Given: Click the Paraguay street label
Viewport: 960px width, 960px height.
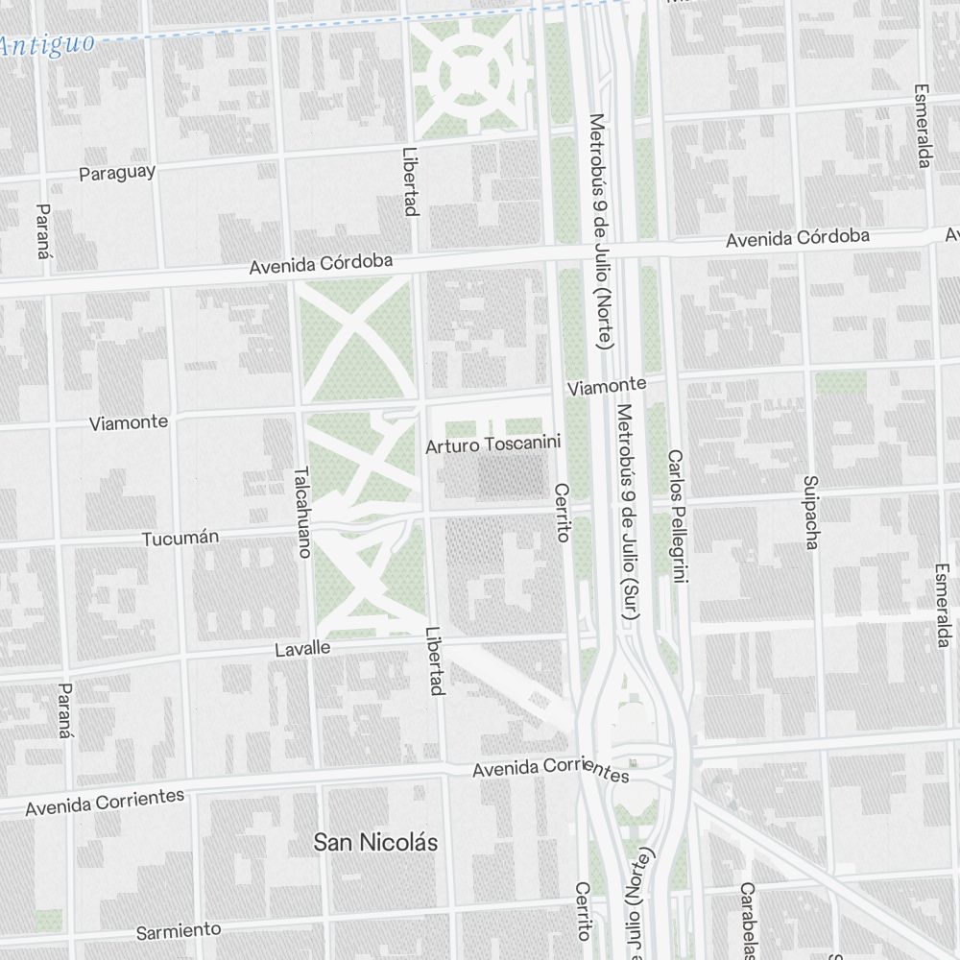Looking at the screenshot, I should click(117, 173).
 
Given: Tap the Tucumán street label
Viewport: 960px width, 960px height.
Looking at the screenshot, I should click(180, 539).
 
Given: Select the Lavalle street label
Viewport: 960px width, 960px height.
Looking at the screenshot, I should click(302, 649).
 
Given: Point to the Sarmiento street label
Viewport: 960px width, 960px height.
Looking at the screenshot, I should click(178, 931).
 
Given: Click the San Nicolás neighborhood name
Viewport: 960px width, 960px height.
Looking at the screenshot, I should click(375, 843).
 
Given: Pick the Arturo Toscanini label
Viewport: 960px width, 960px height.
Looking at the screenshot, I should click(492, 446).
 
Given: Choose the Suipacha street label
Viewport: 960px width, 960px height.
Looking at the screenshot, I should click(811, 512).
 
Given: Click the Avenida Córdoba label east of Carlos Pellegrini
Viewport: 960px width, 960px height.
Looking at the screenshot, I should click(797, 237).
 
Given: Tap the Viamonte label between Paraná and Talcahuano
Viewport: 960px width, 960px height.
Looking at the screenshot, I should click(128, 422).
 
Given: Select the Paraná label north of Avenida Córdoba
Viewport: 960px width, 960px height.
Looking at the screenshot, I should click(41, 231).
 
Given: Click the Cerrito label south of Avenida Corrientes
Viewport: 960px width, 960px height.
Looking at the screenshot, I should click(583, 910).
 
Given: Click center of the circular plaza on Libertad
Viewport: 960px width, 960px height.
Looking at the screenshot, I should click(468, 74).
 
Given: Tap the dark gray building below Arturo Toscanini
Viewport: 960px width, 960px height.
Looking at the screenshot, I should click(511, 476).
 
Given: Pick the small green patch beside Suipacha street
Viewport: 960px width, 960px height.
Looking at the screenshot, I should click(840, 384).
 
